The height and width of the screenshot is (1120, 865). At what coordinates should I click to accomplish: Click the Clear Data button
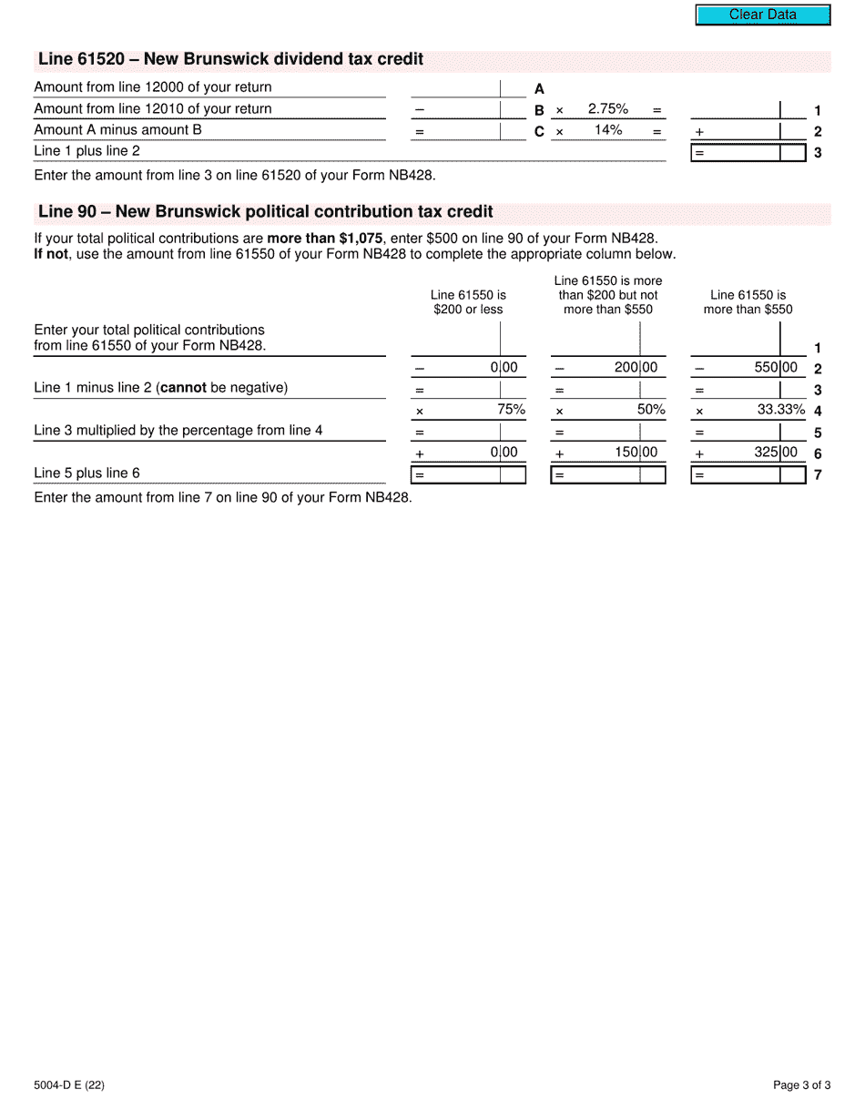[x=763, y=15]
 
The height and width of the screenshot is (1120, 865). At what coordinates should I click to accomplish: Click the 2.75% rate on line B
[x=607, y=109]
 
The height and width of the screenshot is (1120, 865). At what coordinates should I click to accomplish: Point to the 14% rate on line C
[x=607, y=130]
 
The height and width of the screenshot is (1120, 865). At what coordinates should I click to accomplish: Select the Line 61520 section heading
[x=230, y=60]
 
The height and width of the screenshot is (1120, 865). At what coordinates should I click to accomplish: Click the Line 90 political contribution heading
[x=265, y=212]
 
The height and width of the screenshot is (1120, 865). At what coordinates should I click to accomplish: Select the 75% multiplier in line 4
[x=511, y=410]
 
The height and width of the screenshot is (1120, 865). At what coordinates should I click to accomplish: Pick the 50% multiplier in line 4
[x=651, y=410]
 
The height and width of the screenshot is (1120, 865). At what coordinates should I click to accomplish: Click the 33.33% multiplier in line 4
[x=781, y=410]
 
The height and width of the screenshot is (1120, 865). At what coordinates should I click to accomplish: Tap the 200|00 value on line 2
[x=636, y=368]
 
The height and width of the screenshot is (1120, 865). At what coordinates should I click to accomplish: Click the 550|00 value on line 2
[x=776, y=368]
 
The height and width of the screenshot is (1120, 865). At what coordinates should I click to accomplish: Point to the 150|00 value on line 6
[x=636, y=453]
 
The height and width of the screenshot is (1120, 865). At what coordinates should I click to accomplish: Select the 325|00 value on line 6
[x=776, y=453]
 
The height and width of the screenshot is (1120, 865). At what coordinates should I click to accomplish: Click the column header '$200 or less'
[x=468, y=310]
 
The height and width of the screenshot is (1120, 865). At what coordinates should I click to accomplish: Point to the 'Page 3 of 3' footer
[x=801, y=1084]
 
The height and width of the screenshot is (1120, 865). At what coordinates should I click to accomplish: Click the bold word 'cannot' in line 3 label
[x=183, y=388]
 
